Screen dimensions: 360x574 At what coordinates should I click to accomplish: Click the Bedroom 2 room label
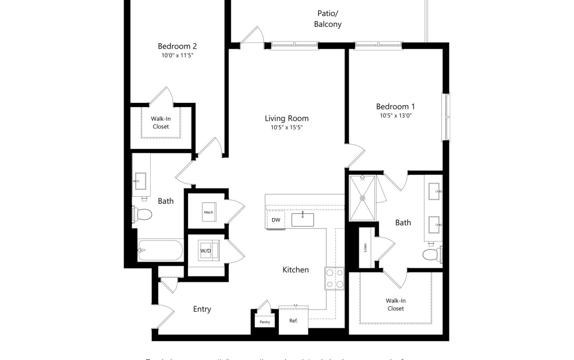click(178, 46)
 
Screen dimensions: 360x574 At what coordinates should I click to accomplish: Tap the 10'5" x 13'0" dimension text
click(395, 116)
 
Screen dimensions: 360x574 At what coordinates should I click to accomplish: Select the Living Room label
click(286, 118)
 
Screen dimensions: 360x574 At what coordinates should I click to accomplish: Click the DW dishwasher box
click(275, 220)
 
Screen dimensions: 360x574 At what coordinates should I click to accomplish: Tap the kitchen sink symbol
click(303, 219)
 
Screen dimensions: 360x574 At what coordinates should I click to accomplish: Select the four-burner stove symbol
click(334, 278)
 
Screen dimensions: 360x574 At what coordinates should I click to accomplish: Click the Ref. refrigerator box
click(293, 321)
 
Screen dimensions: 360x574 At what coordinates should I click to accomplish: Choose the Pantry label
click(265, 322)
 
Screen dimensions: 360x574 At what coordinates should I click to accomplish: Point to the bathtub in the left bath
click(160, 251)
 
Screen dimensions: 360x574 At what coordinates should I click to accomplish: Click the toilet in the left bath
click(142, 215)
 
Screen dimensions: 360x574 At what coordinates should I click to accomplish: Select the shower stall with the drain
click(363, 198)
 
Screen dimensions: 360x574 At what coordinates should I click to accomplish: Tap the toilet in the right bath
click(431, 254)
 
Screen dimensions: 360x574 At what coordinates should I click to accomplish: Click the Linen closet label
click(365, 247)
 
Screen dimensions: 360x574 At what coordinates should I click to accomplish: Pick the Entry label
click(202, 309)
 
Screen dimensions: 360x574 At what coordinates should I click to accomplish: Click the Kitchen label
click(296, 270)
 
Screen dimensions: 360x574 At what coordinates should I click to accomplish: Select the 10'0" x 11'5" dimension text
click(178, 56)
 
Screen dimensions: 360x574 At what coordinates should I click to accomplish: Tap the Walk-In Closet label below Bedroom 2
click(161, 122)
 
